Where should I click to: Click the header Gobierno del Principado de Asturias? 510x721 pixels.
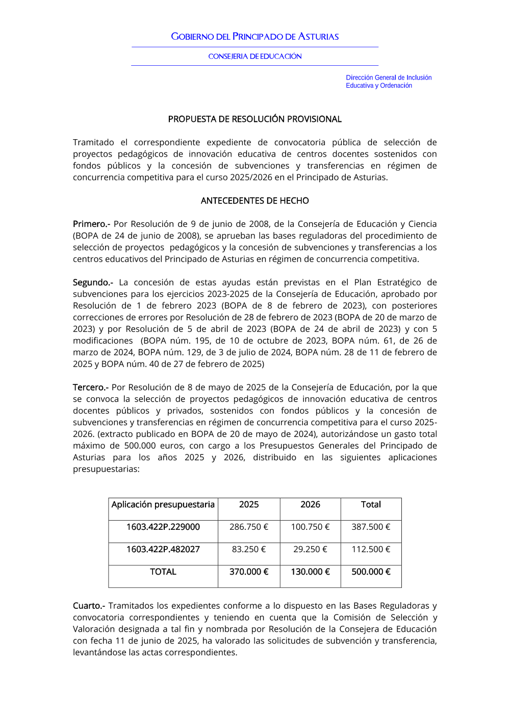(x=255, y=37)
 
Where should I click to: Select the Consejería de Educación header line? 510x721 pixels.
(x=255, y=57)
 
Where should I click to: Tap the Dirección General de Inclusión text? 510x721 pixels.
(x=389, y=78)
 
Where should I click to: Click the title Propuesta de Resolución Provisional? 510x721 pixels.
(x=255, y=119)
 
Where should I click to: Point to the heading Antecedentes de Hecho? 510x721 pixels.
(x=255, y=201)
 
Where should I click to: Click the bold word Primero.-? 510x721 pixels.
(x=91, y=224)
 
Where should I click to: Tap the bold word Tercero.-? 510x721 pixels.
(x=90, y=388)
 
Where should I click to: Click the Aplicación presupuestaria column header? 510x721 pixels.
(x=163, y=505)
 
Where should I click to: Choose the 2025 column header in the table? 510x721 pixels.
(x=249, y=505)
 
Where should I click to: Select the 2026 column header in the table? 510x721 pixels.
(x=310, y=505)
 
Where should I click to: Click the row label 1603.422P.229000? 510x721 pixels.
(x=163, y=527)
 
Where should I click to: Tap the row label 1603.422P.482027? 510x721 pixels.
(x=163, y=550)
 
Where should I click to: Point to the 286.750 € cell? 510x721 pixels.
(x=249, y=527)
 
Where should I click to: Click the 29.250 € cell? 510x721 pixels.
(x=310, y=550)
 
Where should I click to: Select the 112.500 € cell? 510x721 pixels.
(x=371, y=550)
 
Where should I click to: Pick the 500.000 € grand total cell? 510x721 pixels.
(x=371, y=572)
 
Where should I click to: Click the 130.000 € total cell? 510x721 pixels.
(x=310, y=572)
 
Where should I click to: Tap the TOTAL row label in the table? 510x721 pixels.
(x=163, y=572)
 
